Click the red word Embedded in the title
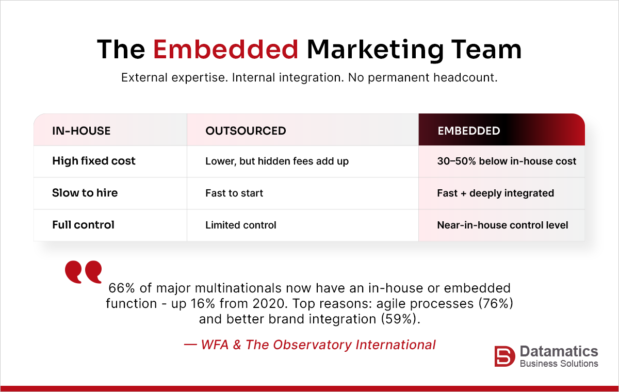coord(226,50)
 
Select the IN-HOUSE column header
coord(82,131)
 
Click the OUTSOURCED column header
coord(246,131)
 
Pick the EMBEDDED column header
coord(468,131)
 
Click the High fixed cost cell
coord(94,161)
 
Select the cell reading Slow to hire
coord(85,193)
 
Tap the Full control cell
coord(83,225)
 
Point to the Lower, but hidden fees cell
coord(277,161)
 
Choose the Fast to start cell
coord(234,193)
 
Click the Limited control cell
coord(241,225)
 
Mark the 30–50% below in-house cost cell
coord(507,161)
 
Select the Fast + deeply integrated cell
coord(495,193)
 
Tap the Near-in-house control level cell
coord(502,225)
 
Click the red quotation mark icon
coord(83,272)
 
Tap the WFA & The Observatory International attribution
coord(309,345)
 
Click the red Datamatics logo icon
coord(504,356)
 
